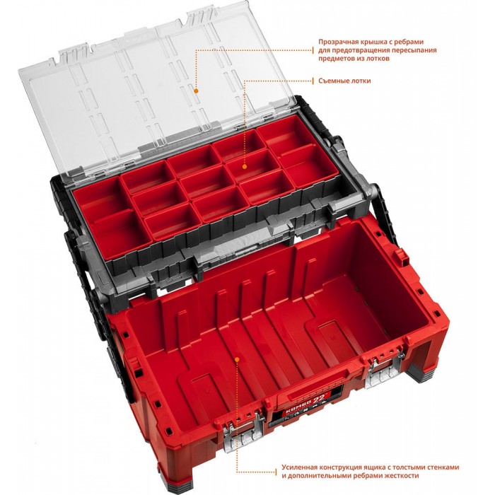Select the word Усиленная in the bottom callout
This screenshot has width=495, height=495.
tap(300, 467)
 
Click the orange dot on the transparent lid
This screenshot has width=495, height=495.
tap(196, 91)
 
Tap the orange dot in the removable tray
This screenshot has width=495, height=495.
tap(245, 166)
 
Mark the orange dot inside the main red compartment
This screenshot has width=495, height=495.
tap(238, 359)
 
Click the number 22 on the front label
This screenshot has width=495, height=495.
tap(318, 399)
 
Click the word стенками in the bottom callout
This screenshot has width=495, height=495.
tap(443, 467)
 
